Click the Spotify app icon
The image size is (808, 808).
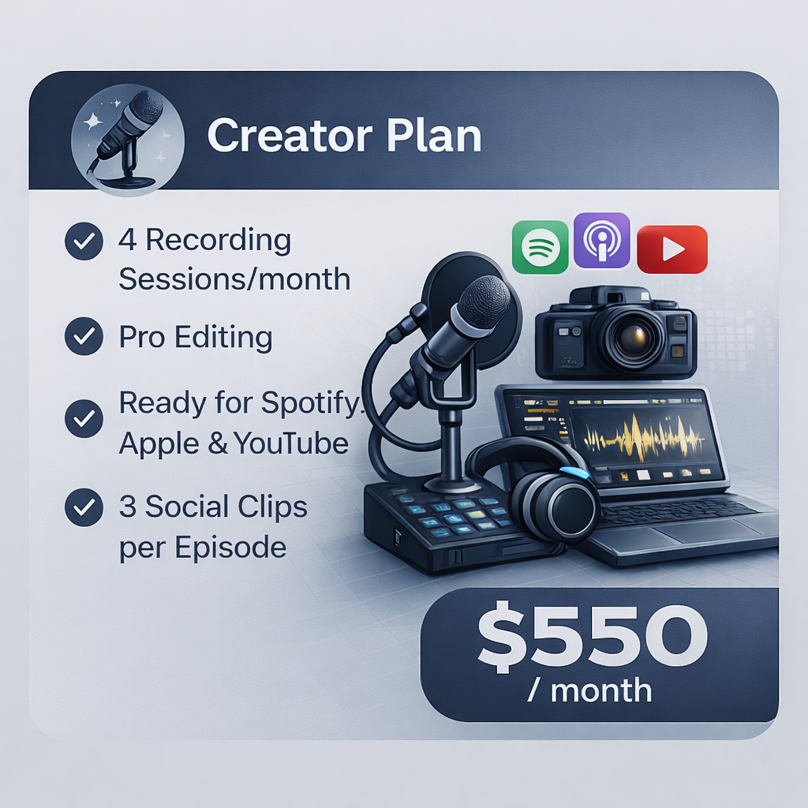[541, 247]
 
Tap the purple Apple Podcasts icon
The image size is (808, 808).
[601, 240]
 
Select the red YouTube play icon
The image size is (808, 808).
[671, 249]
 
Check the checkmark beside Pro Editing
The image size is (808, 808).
[84, 337]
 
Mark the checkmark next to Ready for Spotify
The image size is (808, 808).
[84, 418]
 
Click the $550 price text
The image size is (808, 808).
[593, 637]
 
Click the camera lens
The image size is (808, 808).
[629, 335]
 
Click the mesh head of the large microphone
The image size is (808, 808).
[483, 303]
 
